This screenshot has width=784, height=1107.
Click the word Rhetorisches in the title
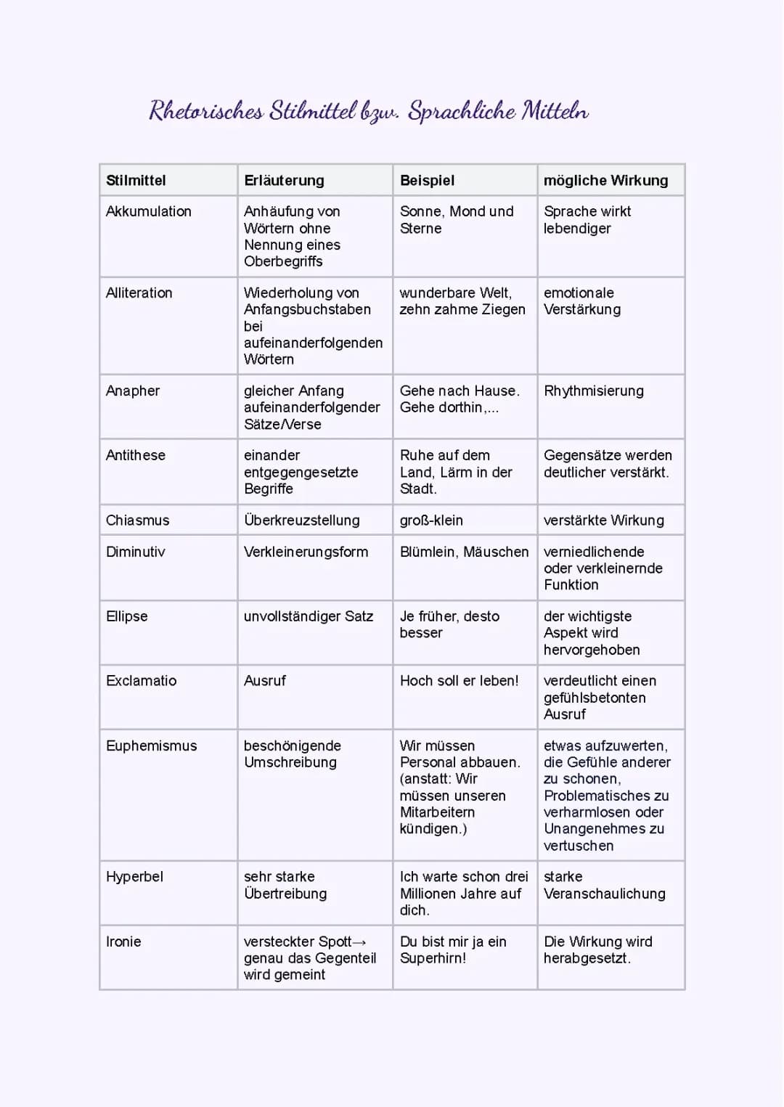pyautogui.click(x=206, y=111)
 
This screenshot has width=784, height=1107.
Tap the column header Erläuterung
pyautogui.click(x=284, y=180)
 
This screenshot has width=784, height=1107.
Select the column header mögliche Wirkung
pyautogui.click(x=605, y=180)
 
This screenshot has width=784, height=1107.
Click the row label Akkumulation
pyautogui.click(x=149, y=211)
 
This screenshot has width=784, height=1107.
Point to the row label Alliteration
pyautogui.click(x=139, y=293)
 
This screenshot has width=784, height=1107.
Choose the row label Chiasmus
pyautogui.click(x=137, y=520)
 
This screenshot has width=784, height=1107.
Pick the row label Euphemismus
pyautogui.click(x=151, y=746)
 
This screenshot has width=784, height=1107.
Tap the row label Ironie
pyautogui.click(x=123, y=941)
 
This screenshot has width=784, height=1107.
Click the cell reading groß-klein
pyautogui.click(x=431, y=520)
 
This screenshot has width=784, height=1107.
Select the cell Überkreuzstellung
pyautogui.click(x=301, y=520)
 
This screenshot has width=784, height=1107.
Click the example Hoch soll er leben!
pyautogui.click(x=459, y=681)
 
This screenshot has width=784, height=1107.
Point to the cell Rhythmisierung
pyautogui.click(x=593, y=391)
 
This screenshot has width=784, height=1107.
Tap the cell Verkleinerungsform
pyautogui.click(x=306, y=552)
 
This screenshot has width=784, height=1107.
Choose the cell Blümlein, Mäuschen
pyautogui.click(x=464, y=552)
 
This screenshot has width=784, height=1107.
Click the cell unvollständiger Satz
pyautogui.click(x=308, y=616)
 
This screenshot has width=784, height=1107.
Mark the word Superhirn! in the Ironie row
pyautogui.click(x=433, y=958)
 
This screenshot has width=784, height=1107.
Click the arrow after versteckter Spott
pyautogui.click(x=359, y=942)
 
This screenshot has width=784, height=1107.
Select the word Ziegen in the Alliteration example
pyautogui.click(x=504, y=309)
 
